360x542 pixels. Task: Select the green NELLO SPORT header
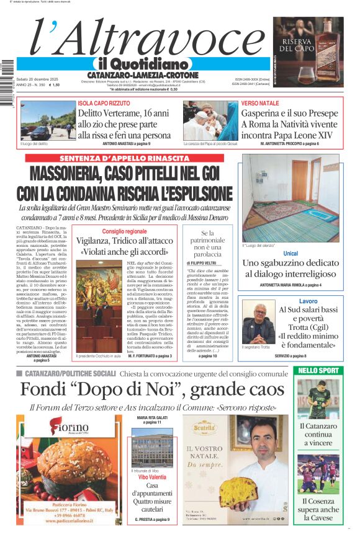click(318, 371)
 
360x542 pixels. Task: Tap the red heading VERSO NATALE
click(260, 103)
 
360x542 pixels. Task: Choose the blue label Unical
click(290, 254)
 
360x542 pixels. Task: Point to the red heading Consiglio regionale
click(125, 231)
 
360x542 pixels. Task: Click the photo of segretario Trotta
click(258, 323)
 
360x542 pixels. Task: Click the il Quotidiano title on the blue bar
click(143, 64)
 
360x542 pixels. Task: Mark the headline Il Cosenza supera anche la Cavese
click(318, 509)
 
